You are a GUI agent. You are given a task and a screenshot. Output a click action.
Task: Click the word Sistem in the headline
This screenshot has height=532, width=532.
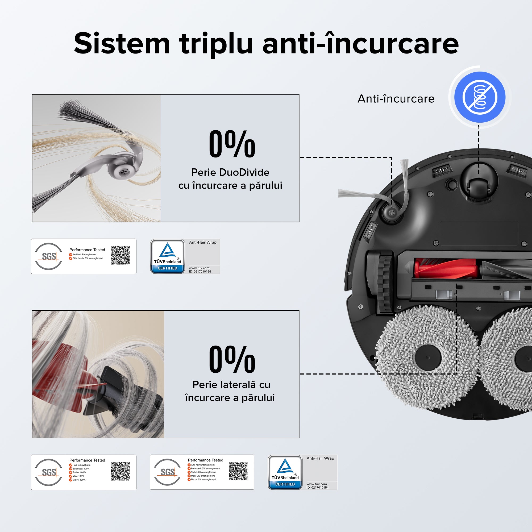click(122, 44)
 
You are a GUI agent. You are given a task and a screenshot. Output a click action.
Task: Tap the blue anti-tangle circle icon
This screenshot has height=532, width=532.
click(480, 97)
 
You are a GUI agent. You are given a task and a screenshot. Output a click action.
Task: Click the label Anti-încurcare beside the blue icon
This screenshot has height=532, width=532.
click(396, 99)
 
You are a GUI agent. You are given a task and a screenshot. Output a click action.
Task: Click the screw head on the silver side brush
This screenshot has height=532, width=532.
click(124, 172)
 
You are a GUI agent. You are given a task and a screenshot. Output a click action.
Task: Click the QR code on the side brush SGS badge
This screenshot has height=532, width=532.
click(120, 255)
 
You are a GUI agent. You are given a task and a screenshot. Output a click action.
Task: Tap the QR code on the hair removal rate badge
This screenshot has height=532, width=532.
click(120, 471)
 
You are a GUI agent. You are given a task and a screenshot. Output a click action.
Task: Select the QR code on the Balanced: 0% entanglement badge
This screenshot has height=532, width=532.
click(238, 471)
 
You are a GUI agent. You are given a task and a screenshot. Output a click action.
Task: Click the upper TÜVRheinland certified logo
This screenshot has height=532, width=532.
click(167, 256)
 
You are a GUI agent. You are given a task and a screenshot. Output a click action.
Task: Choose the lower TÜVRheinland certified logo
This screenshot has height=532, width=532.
click(285, 472)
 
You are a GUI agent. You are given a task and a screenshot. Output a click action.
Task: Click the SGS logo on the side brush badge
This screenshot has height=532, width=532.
click(49, 256)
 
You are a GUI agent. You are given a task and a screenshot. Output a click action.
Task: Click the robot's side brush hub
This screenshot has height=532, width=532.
click(392, 213)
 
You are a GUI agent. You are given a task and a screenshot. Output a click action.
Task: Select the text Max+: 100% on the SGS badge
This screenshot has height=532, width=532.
click(79, 480)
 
